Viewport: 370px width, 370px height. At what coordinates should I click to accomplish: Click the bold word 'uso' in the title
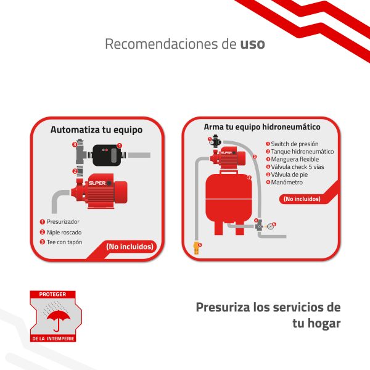click(252, 44)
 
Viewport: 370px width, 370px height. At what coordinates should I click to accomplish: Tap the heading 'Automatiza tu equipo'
click(97, 129)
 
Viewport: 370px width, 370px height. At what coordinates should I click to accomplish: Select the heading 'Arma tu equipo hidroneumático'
click(262, 127)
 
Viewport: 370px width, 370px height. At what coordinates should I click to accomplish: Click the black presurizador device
click(107, 155)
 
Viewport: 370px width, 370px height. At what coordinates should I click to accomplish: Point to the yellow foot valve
click(196, 248)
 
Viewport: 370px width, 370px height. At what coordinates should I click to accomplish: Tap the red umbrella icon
click(59, 319)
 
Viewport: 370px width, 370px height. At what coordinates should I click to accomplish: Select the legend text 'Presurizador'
click(63, 222)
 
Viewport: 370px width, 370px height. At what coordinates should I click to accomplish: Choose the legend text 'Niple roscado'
click(64, 232)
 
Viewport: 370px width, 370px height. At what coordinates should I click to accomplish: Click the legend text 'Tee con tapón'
click(64, 242)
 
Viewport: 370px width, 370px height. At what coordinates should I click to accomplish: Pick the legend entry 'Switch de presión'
click(295, 144)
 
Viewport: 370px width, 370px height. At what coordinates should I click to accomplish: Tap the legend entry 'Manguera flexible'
click(295, 159)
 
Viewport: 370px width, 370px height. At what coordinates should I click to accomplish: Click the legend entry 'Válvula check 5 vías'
click(297, 167)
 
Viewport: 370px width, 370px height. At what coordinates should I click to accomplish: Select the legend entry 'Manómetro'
click(287, 182)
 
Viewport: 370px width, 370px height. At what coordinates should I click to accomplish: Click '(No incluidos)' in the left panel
click(129, 247)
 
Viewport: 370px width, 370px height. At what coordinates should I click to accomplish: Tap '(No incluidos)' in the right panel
click(302, 199)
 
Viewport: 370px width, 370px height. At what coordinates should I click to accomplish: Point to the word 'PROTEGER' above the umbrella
click(52, 294)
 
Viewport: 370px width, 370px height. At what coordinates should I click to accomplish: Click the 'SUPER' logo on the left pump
click(97, 183)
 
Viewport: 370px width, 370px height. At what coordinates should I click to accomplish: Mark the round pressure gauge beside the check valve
click(271, 226)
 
